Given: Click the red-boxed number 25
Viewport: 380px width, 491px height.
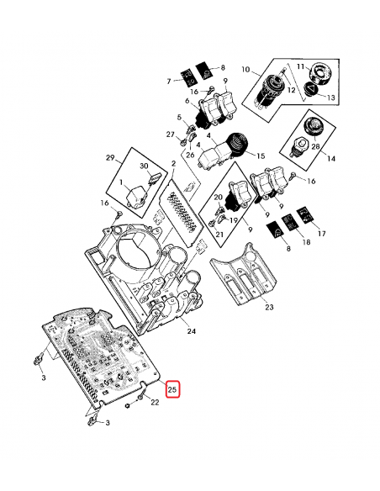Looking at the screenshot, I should [172, 389].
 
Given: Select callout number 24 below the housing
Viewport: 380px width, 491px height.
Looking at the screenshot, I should [191, 331].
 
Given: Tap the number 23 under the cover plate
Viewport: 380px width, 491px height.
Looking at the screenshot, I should [269, 308].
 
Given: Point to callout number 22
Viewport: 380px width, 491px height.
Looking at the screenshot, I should [154, 404].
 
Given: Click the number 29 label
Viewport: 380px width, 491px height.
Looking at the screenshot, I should [108, 157].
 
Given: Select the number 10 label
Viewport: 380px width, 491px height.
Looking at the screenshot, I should [245, 67].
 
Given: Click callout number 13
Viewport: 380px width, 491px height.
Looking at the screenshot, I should [330, 98].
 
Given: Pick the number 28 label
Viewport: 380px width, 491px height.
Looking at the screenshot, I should [315, 145].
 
